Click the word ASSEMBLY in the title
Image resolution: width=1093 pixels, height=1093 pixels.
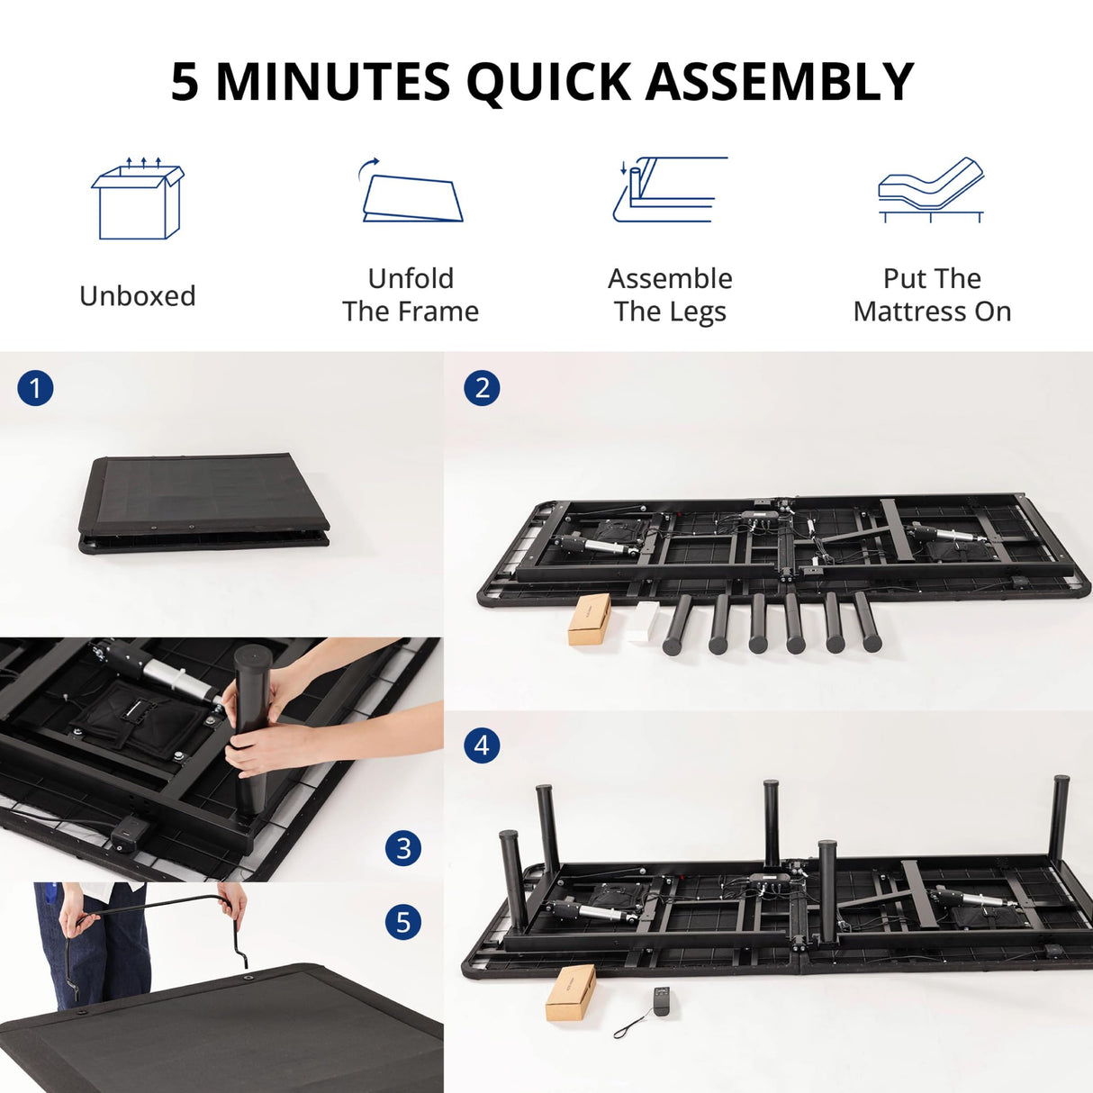click(780, 82)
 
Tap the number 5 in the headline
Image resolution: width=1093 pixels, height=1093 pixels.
click(185, 82)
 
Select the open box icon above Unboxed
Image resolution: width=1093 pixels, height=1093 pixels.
click(138, 200)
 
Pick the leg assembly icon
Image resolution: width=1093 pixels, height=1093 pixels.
click(670, 190)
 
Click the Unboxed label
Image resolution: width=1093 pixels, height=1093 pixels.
click(138, 295)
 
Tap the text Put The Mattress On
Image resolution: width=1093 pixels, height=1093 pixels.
click(932, 294)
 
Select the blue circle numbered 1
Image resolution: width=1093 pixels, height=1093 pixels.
click(35, 389)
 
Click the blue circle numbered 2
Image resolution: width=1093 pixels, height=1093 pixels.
click(482, 388)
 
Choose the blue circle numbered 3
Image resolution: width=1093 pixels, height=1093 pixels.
click(403, 848)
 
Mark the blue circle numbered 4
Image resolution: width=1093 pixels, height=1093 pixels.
click(482, 745)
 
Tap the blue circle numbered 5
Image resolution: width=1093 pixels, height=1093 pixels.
click(403, 922)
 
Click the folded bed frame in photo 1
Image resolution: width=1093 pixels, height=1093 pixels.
click(203, 502)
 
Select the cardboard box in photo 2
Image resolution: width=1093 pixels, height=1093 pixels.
click(590, 619)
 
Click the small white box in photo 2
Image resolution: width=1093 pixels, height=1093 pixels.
click(643, 621)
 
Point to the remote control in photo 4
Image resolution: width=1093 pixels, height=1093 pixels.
click(662, 1001)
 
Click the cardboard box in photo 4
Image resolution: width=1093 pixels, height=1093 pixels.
click(571, 992)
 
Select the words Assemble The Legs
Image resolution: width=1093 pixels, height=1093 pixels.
click(670, 294)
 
